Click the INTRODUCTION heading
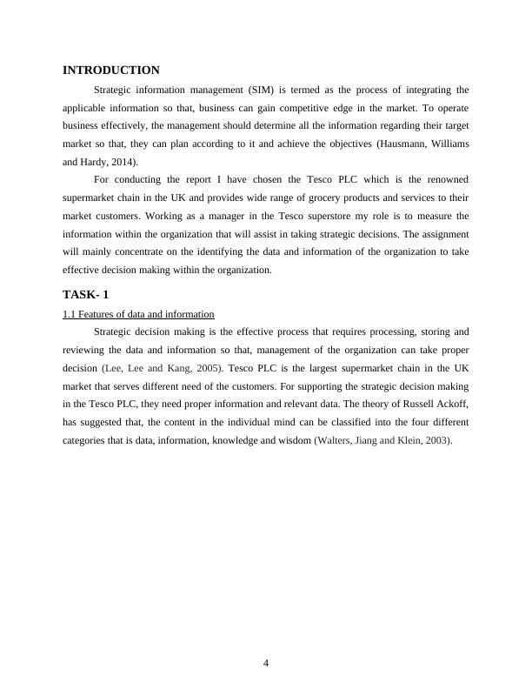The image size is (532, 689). pyautogui.click(x=111, y=70)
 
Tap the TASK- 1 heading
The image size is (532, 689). pyautogui.click(x=86, y=294)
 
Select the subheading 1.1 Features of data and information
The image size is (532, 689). pyautogui.click(x=138, y=314)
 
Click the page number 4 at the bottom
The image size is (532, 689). pyautogui.click(x=266, y=663)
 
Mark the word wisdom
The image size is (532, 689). pyautogui.click(x=289, y=441)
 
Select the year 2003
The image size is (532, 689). pyautogui.click(x=436, y=441)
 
